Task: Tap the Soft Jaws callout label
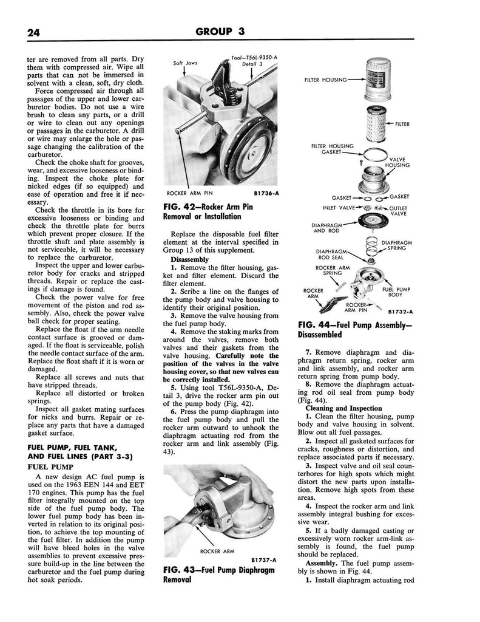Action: click(x=184, y=63)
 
